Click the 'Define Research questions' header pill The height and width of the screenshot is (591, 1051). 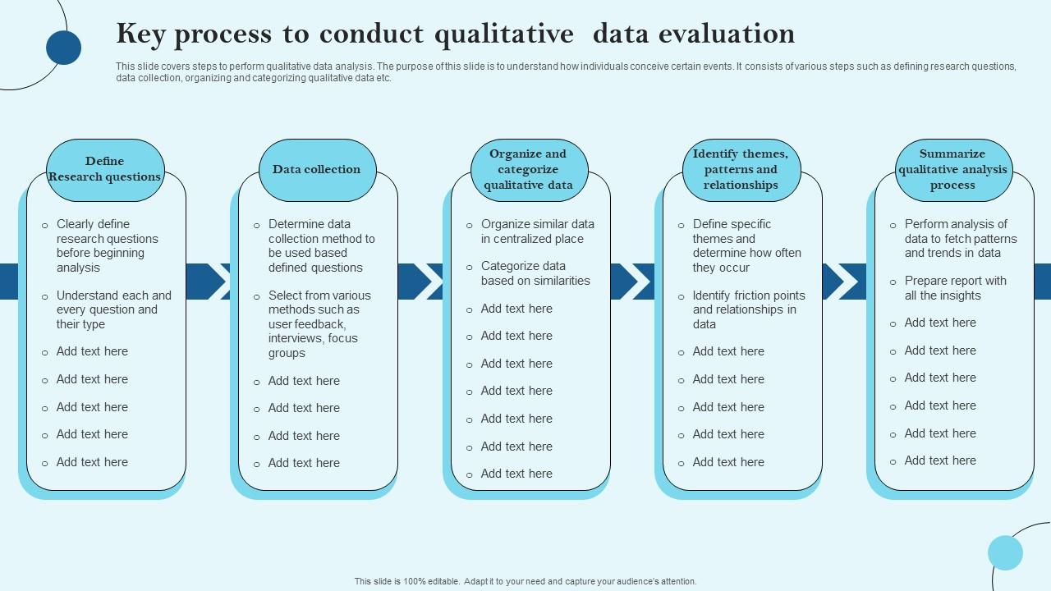[x=105, y=170]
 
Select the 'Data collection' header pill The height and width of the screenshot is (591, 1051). [x=317, y=170]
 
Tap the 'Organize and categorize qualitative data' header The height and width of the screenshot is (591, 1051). [x=528, y=170]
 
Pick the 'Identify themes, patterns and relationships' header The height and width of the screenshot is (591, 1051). [x=741, y=170]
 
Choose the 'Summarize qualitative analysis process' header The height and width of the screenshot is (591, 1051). [x=952, y=170]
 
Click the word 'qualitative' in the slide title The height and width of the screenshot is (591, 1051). [x=504, y=34]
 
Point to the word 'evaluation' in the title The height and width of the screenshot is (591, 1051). [x=733, y=34]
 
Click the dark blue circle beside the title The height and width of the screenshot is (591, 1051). [x=63, y=47]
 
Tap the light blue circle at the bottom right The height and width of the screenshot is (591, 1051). [x=1005, y=552]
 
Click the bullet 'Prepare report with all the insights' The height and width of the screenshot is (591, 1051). [x=955, y=288]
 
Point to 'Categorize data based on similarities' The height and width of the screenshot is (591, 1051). [x=535, y=273]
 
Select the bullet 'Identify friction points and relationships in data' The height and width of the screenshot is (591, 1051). [x=748, y=309]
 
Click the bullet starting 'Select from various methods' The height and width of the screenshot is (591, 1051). [x=319, y=323]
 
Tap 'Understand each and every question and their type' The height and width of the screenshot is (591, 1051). [x=113, y=309]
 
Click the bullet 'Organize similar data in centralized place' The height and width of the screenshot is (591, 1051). [x=537, y=231]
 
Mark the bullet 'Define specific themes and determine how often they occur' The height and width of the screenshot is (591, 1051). [x=746, y=245]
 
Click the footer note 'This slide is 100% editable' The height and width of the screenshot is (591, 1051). [x=525, y=581]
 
